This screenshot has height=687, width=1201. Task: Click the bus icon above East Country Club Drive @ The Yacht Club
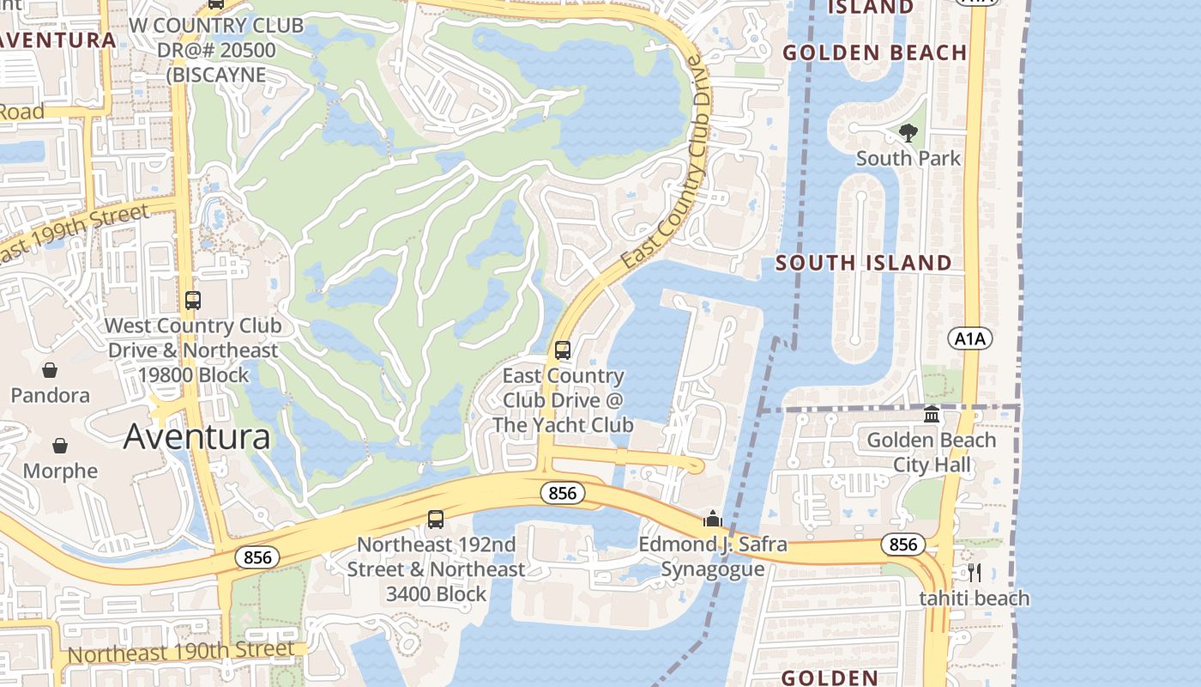(x=563, y=350)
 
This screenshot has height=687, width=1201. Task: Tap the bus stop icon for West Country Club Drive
(x=193, y=301)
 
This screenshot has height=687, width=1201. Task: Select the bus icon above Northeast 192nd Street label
(x=436, y=520)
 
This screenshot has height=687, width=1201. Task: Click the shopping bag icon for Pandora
(x=50, y=370)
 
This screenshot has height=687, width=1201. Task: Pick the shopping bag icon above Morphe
(x=60, y=446)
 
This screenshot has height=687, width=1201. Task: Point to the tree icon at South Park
(x=908, y=133)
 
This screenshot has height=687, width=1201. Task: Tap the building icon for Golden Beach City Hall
(x=932, y=416)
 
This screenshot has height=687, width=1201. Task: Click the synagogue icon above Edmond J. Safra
(x=712, y=519)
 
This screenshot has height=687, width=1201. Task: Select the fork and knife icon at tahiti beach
(x=974, y=573)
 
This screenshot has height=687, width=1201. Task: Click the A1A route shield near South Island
(x=970, y=338)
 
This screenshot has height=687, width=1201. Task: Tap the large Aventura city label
(x=197, y=436)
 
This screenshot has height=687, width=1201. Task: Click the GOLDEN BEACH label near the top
(x=875, y=52)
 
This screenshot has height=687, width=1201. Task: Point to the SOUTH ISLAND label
(x=864, y=263)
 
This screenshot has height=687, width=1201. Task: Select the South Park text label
(x=908, y=159)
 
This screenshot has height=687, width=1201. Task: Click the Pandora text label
(x=50, y=396)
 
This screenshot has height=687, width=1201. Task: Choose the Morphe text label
(x=60, y=471)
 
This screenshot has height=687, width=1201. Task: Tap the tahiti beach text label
(x=974, y=599)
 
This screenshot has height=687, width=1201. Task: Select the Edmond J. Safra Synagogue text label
(x=712, y=556)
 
